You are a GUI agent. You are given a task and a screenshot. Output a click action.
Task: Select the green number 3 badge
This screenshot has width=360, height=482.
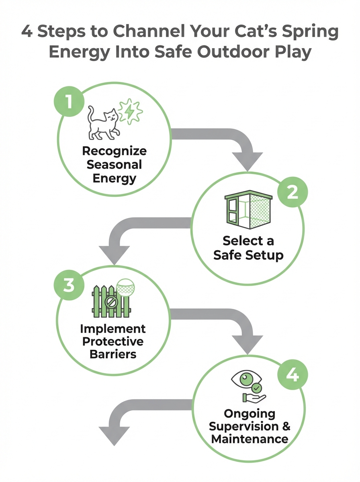[68, 286]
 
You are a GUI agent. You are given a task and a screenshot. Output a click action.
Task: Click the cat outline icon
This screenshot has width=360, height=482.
[103, 123]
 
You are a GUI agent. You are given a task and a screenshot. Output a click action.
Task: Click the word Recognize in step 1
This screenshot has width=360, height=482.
[114, 151]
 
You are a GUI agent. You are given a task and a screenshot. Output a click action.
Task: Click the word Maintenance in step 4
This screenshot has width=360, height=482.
[250, 439]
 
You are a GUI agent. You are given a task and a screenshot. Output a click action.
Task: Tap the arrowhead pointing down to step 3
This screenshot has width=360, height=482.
[114, 254]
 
